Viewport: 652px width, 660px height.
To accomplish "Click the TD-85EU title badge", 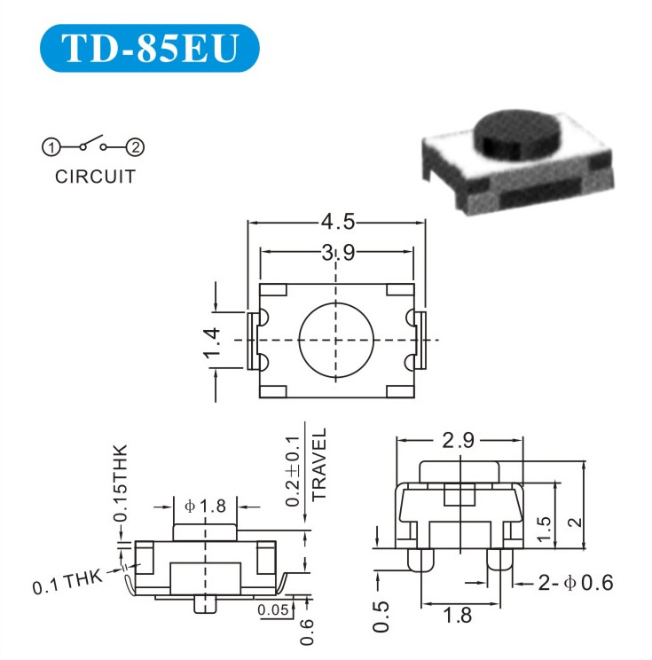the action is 149,48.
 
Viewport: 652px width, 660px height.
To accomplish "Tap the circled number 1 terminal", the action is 51,147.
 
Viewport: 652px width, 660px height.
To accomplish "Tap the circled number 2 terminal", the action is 136,147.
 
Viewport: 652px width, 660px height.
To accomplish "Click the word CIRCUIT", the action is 95,177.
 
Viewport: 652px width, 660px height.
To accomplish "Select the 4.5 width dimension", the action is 338,222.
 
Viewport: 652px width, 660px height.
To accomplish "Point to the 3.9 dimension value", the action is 338,253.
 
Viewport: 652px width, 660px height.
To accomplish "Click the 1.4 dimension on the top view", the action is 212,342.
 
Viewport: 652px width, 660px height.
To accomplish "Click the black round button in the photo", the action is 517,132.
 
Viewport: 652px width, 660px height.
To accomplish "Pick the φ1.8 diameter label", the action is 205,506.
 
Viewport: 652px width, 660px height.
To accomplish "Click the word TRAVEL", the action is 319,465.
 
